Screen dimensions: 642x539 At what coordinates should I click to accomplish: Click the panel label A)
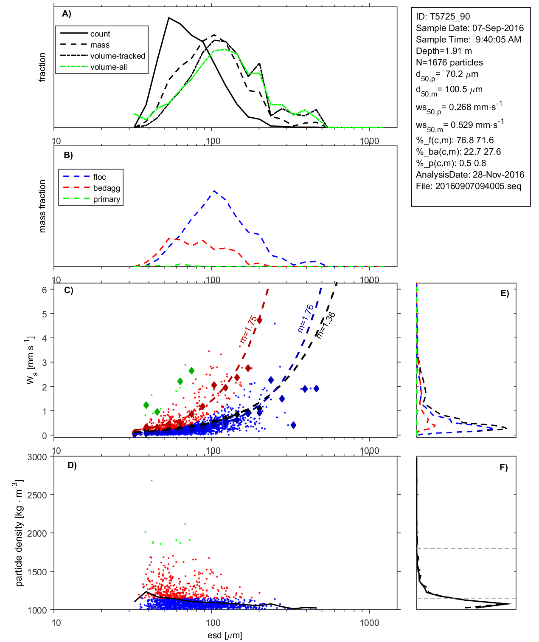67,14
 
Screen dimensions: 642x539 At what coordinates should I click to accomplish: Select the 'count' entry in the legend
100,34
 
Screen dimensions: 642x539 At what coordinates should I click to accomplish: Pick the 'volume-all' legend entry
108,67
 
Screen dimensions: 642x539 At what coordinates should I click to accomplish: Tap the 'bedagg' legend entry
107,188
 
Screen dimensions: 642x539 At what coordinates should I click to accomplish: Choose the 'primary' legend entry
107,199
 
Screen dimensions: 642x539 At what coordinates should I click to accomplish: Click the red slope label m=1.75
248,329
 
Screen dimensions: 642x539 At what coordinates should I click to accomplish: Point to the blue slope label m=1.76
306,318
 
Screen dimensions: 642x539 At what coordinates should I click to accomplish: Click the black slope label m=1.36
326,325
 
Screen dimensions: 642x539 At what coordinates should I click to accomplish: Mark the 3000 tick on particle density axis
37,457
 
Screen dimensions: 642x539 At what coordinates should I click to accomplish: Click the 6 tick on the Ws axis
44,290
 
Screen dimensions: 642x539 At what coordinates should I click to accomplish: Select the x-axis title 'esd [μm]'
225,636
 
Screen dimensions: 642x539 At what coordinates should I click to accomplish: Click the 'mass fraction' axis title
42,206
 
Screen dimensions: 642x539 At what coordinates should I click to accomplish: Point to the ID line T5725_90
443,17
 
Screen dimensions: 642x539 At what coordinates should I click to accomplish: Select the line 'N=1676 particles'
449,62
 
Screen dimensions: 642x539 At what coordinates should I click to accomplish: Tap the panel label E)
505,293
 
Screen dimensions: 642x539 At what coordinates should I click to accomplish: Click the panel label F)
504,467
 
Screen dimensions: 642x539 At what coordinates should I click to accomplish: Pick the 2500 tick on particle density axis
37,495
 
